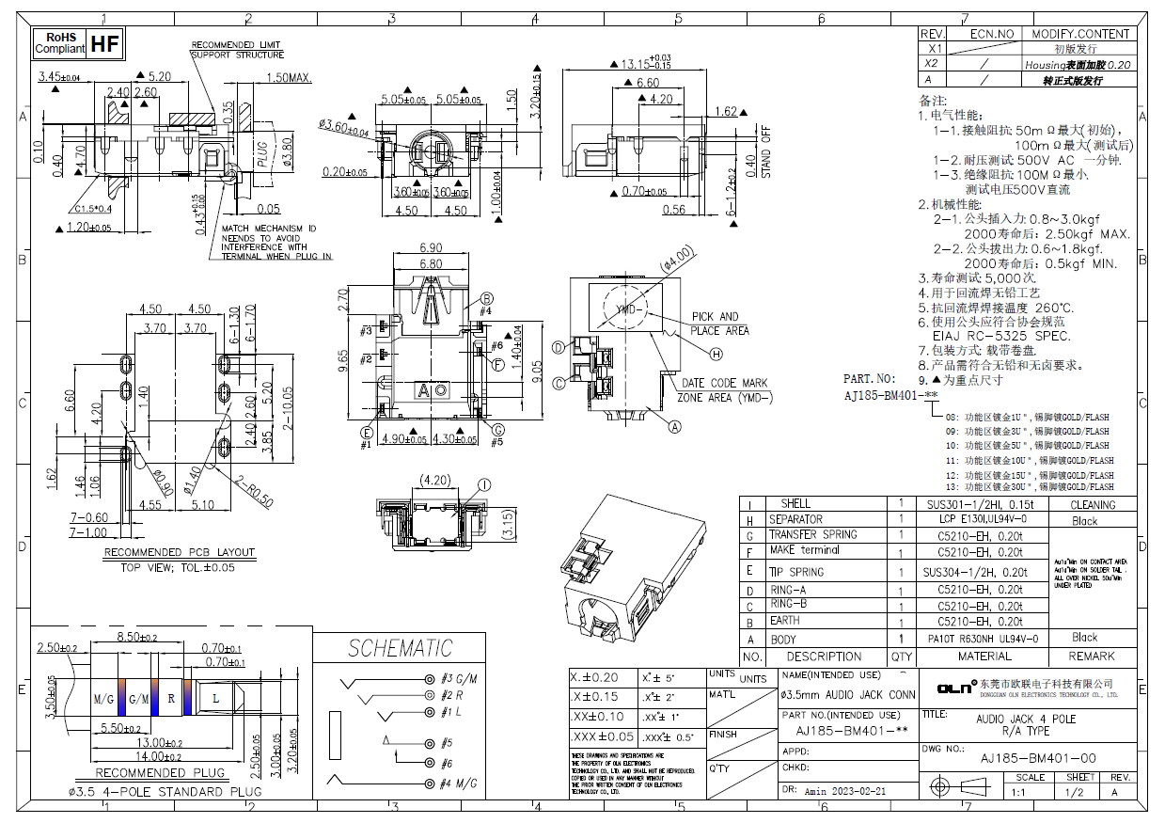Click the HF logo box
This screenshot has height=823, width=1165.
105,43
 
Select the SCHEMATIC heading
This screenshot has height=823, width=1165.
400,648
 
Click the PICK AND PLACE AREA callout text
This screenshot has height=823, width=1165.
720,324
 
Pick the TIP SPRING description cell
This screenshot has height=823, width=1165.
796,572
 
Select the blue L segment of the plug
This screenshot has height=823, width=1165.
215,699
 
